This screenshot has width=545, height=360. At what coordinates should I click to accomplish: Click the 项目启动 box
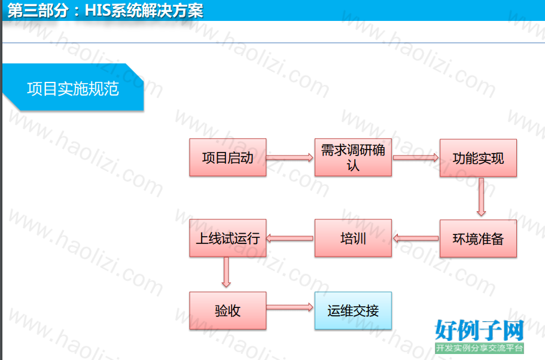point(228,157)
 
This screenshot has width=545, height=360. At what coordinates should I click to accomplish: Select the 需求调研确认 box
point(353,157)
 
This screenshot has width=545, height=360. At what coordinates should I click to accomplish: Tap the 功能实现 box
point(478,158)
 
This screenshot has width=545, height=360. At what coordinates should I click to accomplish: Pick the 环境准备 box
point(478,239)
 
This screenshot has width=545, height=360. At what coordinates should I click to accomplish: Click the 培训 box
point(353,238)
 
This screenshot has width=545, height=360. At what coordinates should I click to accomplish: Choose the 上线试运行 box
point(228,238)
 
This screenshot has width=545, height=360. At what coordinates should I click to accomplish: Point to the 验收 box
point(228,310)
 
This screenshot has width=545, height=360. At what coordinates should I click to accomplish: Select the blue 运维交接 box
point(353,310)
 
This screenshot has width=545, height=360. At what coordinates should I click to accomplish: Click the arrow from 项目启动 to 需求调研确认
point(290,157)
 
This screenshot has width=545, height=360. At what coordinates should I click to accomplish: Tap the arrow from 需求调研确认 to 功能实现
point(415,157)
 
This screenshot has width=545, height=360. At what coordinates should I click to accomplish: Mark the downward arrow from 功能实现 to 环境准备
point(482,197)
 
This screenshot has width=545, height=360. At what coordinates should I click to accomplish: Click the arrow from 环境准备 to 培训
point(416,239)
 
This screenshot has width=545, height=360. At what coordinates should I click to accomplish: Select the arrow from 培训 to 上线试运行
point(290,239)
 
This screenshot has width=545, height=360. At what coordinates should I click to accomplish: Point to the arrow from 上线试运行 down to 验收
point(226,272)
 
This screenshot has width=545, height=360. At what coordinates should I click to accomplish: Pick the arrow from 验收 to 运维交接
point(290,307)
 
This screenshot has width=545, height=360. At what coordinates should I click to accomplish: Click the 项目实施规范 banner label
point(73,89)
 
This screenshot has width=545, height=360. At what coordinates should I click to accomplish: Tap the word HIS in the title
point(98,10)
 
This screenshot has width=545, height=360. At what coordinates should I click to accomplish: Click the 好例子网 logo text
point(479,331)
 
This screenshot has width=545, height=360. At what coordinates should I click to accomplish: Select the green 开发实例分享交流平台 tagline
point(479,348)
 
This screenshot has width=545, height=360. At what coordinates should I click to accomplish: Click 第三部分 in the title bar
point(38,10)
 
